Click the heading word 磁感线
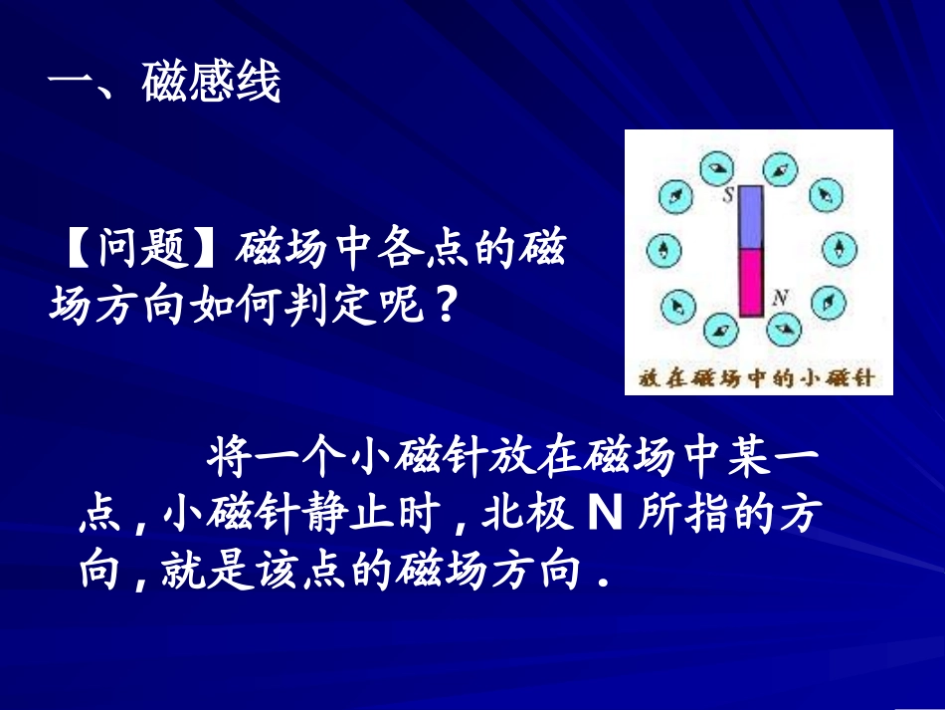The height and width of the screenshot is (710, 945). [x=211, y=83]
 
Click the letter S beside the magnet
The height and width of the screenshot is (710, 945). [x=728, y=196]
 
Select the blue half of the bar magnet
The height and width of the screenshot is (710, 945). [x=750, y=218]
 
